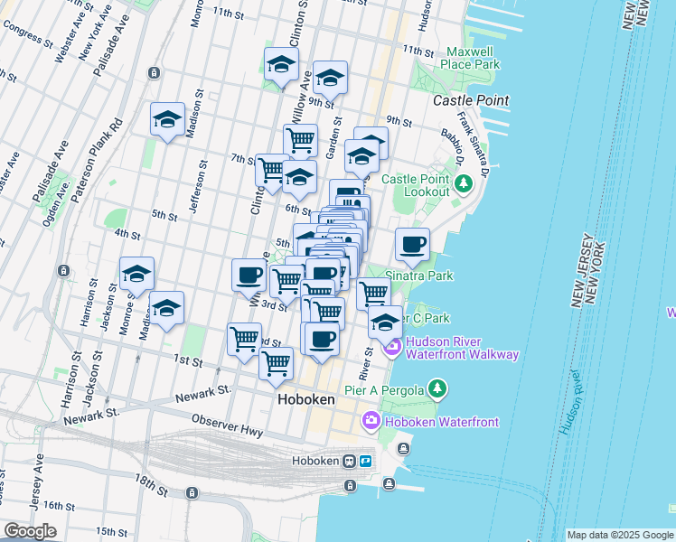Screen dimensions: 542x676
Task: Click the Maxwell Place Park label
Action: pos(471,59)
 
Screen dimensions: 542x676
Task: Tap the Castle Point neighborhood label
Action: pos(470,100)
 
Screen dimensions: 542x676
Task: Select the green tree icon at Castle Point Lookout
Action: pos(464,184)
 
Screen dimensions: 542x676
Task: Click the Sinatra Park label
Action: pos(418,276)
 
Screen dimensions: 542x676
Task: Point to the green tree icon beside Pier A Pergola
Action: pos(437,388)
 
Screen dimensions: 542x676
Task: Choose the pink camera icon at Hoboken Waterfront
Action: pos(371,421)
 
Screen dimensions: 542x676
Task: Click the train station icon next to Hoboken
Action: pos(349,461)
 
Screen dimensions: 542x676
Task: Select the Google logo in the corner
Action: pos(29,531)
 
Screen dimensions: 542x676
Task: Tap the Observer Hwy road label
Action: pos(227,426)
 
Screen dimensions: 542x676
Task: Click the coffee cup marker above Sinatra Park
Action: pos(413,244)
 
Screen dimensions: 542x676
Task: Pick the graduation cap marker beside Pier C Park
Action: pos(385,322)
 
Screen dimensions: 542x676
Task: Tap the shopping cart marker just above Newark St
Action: pos(276,363)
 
